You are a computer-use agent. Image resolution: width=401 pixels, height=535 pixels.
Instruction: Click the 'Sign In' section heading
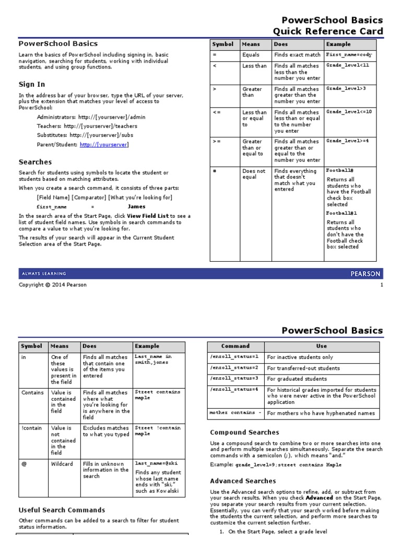coord(32,84)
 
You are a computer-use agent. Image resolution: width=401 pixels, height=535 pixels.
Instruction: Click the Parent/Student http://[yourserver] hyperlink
coord(104,145)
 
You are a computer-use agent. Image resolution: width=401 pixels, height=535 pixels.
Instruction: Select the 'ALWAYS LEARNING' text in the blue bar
coord(44,274)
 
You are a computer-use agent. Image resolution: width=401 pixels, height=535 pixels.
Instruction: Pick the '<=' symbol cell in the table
coord(217,112)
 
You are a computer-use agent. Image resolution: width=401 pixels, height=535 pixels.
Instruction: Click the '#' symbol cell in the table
coord(215,171)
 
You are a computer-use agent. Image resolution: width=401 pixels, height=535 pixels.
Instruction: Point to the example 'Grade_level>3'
coord(346,89)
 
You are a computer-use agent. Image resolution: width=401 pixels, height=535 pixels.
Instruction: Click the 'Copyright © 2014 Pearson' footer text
coord(53,285)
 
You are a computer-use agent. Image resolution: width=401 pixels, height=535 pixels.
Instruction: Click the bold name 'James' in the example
coord(136,206)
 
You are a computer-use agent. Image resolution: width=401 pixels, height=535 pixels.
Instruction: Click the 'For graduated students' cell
coord(297,379)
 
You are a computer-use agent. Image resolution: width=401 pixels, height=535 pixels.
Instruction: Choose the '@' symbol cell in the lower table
coord(25,464)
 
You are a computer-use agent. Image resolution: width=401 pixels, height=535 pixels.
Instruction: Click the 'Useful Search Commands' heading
coord(62,510)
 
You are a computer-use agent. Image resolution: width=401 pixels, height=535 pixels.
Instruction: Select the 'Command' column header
coord(235,346)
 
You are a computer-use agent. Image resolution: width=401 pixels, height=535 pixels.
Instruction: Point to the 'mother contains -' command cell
coord(235,413)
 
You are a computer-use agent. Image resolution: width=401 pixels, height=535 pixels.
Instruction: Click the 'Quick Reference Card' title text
coord(328,31)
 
